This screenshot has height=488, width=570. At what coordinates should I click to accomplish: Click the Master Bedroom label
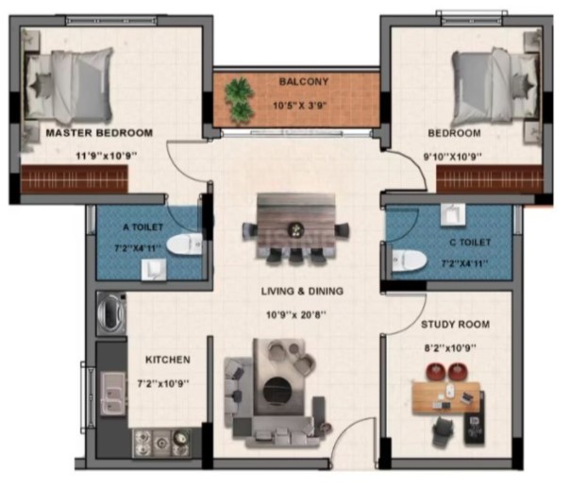click(99, 133)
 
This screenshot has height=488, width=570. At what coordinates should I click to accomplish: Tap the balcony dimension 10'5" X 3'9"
click(300, 106)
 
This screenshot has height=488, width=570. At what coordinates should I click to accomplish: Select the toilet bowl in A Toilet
click(184, 244)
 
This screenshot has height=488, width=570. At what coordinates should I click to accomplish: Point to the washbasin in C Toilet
click(453, 214)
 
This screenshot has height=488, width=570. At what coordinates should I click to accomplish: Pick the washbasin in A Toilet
click(154, 269)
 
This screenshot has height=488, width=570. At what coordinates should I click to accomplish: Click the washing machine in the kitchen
click(111, 313)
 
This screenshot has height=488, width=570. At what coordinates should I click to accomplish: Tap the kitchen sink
click(113, 394)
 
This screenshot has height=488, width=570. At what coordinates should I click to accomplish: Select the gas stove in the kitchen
click(161, 444)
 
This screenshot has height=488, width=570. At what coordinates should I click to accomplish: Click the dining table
click(296, 226)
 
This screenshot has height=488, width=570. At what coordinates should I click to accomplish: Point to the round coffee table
click(277, 391)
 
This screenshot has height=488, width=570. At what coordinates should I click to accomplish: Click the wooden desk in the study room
click(445, 397)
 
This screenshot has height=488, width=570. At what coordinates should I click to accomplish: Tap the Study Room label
click(455, 324)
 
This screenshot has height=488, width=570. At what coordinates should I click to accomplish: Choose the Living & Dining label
click(302, 291)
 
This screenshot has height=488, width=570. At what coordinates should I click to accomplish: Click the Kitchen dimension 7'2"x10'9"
click(163, 383)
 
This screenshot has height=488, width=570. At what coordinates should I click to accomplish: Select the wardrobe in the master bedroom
click(75, 179)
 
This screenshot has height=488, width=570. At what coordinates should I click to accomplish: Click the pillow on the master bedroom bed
click(40, 87)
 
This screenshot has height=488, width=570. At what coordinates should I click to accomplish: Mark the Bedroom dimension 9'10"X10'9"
click(453, 157)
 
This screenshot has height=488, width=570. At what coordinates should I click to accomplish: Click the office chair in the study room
click(444, 431)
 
